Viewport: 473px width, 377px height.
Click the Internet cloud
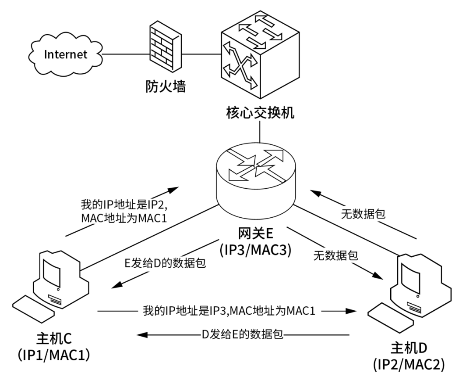[x=65, y=54]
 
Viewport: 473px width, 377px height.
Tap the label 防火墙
[x=166, y=86]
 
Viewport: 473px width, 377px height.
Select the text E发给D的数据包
[x=166, y=264]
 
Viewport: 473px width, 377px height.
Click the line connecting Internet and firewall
[x=123, y=54]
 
